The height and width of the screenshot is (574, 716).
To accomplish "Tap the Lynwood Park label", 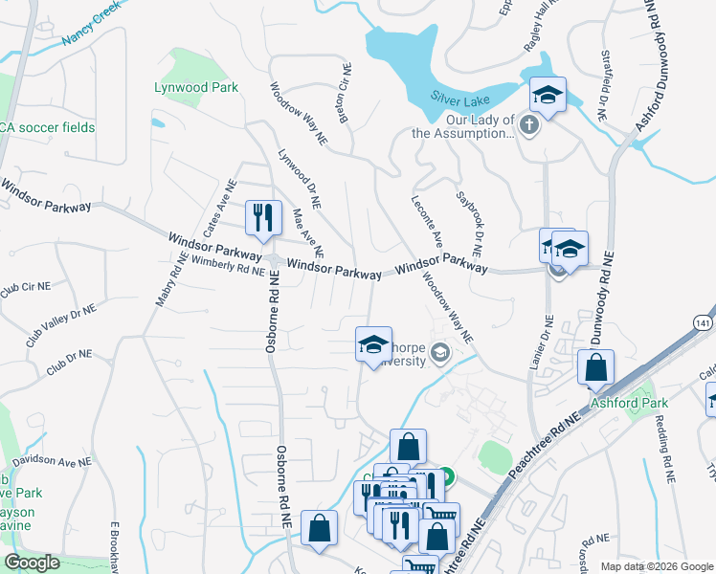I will point(196,87).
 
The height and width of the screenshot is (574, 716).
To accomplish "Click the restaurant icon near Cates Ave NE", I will point(261,217).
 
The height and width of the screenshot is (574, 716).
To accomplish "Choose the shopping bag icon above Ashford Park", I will point(595,368).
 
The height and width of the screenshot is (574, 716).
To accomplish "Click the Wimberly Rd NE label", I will point(227,265).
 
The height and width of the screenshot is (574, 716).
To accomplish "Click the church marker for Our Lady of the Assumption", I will point(527,123).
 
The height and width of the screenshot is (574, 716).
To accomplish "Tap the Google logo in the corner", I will point(33,563).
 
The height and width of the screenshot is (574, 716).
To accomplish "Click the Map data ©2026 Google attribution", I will point(656,566).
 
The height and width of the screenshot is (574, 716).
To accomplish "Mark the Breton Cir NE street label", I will point(342,94).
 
